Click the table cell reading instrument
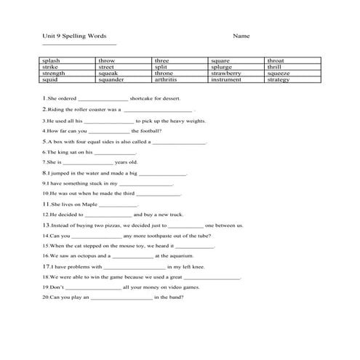(x=226, y=80)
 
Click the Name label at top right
(x=241, y=36)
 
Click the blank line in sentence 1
(x=102, y=98)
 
